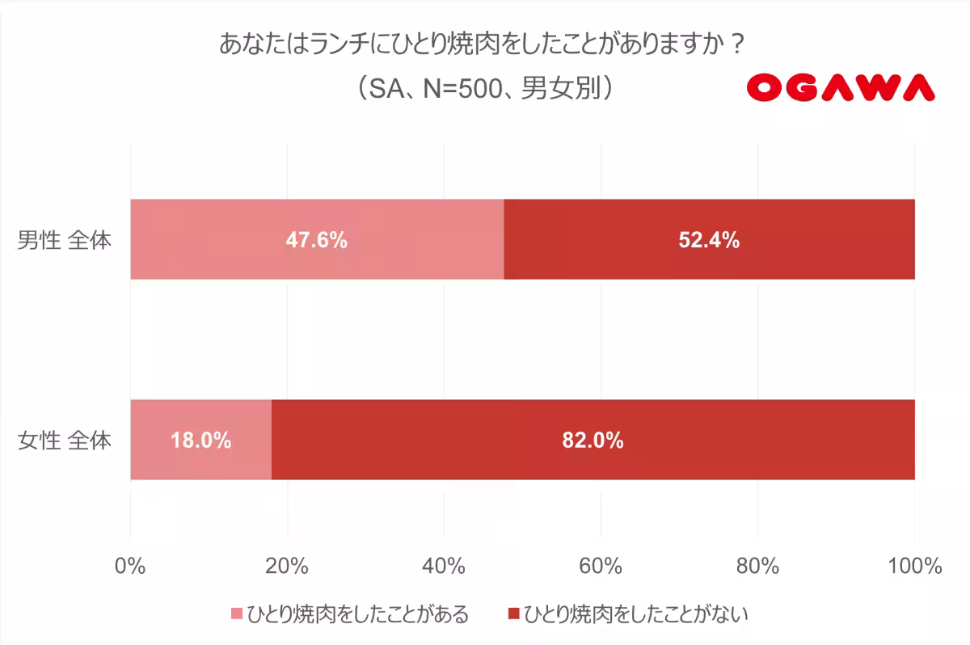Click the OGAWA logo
pyautogui.click(x=841, y=87)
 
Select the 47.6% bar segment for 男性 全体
pyautogui.click(x=317, y=239)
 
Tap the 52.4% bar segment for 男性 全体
pyautogui.click(x=709, y=239)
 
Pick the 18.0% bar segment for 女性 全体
pyautogui.click(x=200, y=440)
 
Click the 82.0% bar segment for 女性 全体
pyautogui.click(x=593, y=440)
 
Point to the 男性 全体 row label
pyautogui.click(x=65, y=240)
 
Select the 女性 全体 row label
pyautogui.click(x=65, y=441)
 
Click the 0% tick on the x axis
pyautogui.click(x=130, y=566)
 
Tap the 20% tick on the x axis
pyautogui.click(x=287, y=566)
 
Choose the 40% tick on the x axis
pyautogui.click(x=444, y=566)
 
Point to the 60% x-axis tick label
pyautogui.click(x=601, y=566)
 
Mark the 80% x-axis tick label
pyautogui.click(x=757, y=566)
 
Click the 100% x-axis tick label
pyautogui.click(x=914, y=566)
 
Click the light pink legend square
pyautogui.click(x=237, y=613)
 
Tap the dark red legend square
pyautogui.click(x=513, y=613)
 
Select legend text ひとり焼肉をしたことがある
pyautogui.click(x=357, y=613)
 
